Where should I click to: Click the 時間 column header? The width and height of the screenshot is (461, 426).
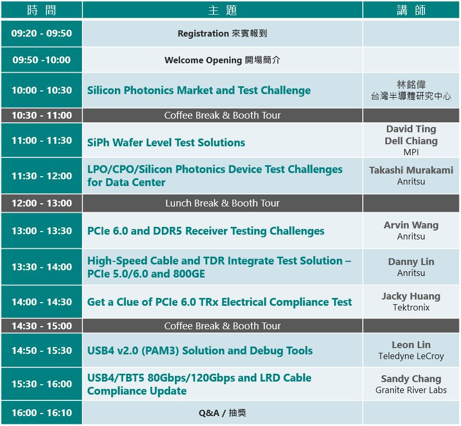point(41,10)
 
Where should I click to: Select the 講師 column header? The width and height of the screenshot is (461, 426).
point(411,10)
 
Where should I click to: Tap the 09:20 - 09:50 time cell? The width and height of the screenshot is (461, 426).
point(41,33)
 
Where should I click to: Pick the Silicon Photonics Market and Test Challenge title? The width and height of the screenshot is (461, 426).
point(199,90)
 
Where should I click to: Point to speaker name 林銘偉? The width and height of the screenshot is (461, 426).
point(411,85)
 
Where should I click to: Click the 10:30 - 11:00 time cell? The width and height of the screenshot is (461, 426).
point(41,115)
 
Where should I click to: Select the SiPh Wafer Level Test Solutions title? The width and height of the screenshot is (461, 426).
point(166,143)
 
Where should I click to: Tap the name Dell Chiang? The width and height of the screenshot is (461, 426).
point(411,141)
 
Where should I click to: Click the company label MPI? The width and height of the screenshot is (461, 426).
point(411,152)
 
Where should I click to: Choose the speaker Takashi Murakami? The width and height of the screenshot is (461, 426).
point(411,170)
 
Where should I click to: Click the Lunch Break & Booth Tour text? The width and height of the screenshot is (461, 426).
point(222,203)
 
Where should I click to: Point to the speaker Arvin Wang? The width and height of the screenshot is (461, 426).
point(411,225)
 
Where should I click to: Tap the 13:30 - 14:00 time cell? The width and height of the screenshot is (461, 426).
point(41,267)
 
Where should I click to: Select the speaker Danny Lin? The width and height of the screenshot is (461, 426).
point(411,262)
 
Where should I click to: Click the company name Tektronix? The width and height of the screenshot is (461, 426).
point(411,308)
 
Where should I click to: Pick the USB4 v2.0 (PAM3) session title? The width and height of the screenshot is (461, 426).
point(200,351)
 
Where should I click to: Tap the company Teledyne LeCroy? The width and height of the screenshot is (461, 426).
point(411,356)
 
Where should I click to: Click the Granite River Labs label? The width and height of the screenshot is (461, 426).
point(411,390)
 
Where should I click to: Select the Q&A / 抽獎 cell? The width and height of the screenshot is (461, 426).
point(222,413)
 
